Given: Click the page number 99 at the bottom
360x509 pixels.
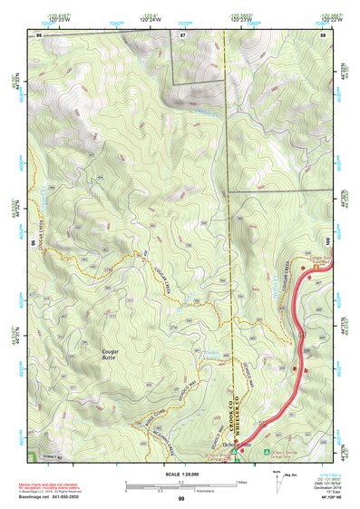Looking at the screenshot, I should pyautogui.click(x=180, y=499).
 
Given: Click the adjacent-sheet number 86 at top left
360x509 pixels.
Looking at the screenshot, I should pyautogui.click(x=39, y=34).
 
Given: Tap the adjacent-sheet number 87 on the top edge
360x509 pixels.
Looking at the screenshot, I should pyautogui.click(x=182, y=34).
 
